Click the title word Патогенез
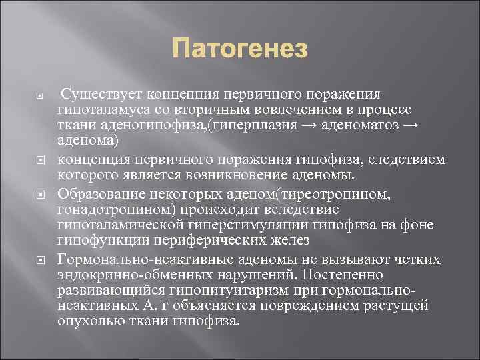click(240, 49)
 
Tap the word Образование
click(97, 194)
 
